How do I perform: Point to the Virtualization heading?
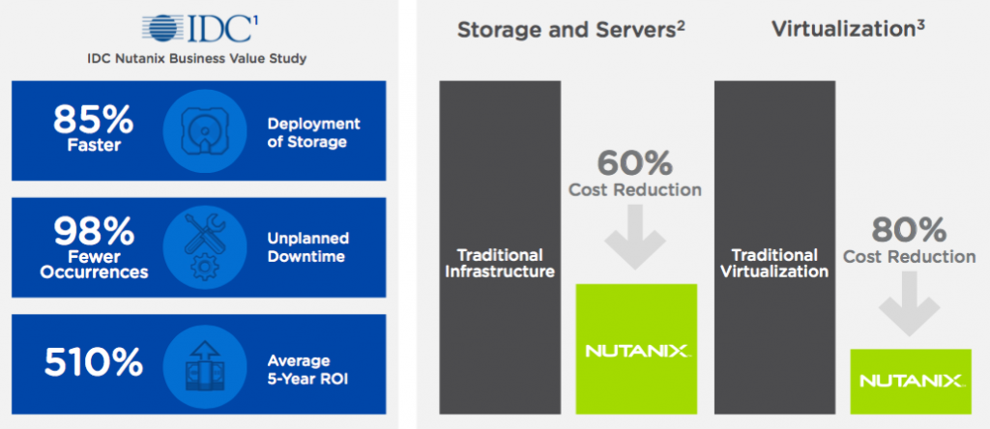(847, 29)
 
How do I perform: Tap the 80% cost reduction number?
(909, 230)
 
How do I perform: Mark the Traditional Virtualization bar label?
(774, 263)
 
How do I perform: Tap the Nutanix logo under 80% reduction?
(911, 381)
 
